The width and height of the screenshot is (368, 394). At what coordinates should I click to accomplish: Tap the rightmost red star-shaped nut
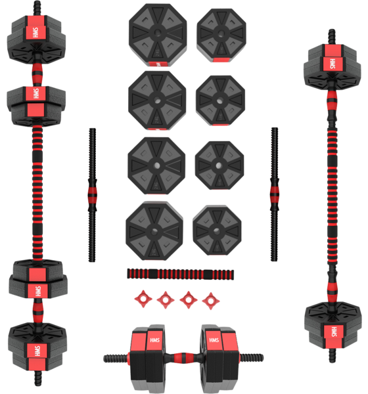coord(210,299)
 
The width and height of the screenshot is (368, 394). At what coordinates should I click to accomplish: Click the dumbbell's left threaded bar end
coord(116,358)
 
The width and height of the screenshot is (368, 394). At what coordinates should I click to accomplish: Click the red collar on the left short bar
coord(91,195)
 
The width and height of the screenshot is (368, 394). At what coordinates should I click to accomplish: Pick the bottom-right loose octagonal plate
coord(218,231)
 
